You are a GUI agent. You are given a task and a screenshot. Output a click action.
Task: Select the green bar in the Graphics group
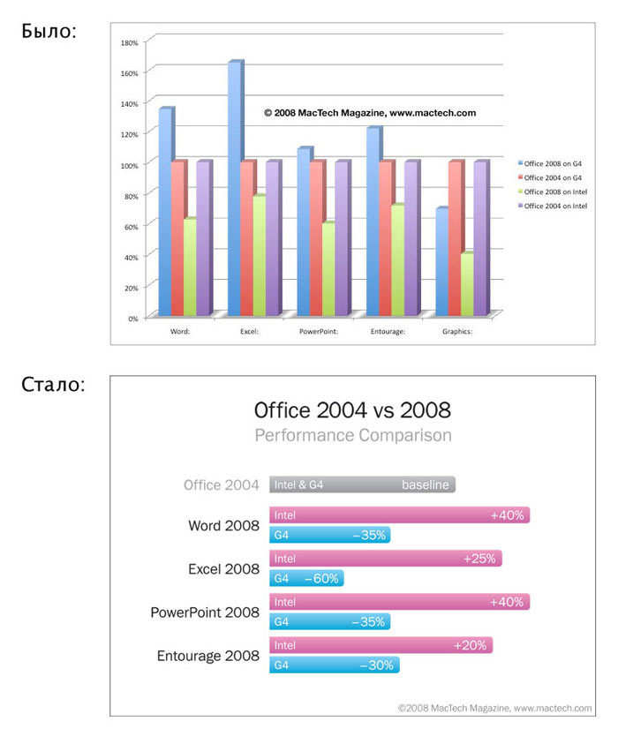coord(467,284)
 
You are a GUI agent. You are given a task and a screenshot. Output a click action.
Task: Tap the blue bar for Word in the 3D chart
coord(165,212)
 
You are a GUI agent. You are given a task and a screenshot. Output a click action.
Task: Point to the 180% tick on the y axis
coord(128,41)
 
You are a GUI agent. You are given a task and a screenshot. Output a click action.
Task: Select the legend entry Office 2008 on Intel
coord(554,192)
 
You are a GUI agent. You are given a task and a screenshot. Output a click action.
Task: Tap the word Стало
coord(53,386)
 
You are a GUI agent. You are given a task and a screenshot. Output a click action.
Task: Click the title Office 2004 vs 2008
coord(352,410)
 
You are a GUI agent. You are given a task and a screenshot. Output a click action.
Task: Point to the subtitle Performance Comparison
coord(352,435)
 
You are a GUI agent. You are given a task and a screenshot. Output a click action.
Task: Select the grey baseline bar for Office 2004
coord(362,484)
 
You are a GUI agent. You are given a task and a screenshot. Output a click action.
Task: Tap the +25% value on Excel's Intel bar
coord(479,559)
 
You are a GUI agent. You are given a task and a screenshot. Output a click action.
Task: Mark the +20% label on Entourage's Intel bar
coord(470,645)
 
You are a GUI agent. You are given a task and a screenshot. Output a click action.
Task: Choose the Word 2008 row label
coord(223,526)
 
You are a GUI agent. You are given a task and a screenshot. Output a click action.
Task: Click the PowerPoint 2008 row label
coord(205,612)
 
